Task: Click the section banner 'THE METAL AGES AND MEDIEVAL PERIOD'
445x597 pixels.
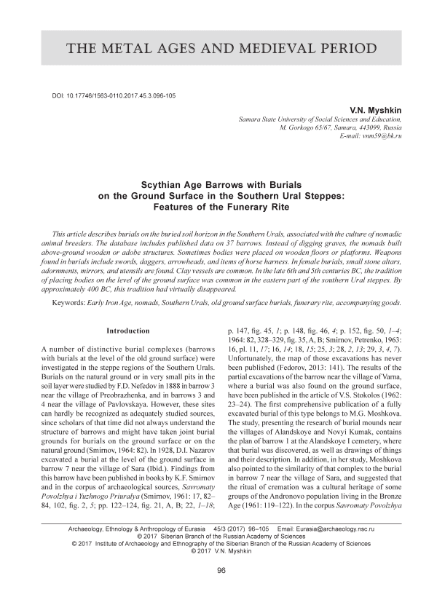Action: pyautogui.click(x=222, y=49)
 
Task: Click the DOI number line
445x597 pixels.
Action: pyautogui.click(x=112, y=96)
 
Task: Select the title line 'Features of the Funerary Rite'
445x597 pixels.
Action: pyautogui.click(x=222, y=207)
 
